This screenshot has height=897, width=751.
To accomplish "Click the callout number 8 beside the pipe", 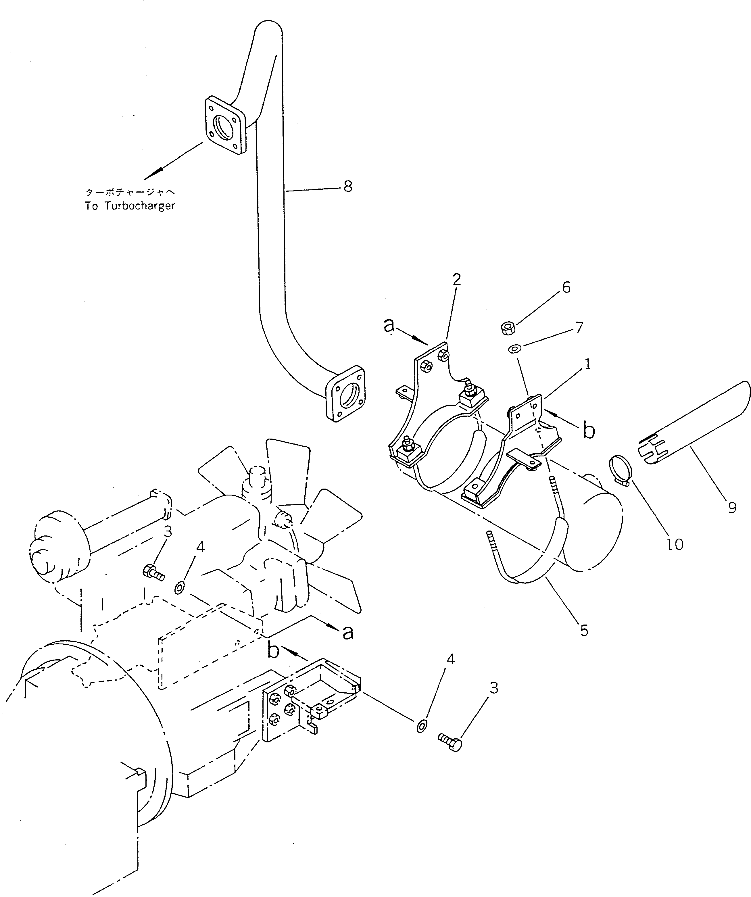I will tap(348, 186).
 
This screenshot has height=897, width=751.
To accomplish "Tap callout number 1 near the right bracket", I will tap(587, 364).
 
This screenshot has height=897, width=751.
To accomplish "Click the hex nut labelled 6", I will tap(507, 329).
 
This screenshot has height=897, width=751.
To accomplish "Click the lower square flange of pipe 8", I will tap(345, 393).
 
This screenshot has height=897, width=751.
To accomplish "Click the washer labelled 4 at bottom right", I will tap(421, 726).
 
